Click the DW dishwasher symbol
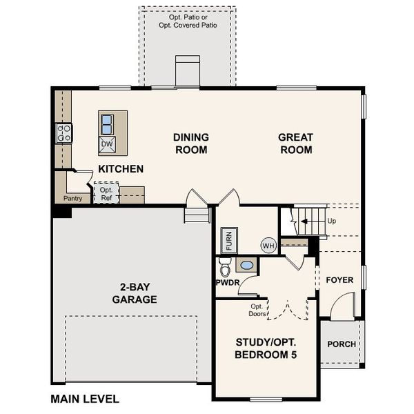click(108, 144)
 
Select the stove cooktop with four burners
click(64, 132)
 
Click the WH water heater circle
click(268, 245)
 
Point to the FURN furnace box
click(229, 241)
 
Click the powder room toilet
click(224, 267)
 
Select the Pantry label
click(72, 199)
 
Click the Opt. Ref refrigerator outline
click(106, 193)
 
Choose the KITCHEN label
click(121, 169)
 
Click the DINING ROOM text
click(191, 144)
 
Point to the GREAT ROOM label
click(295, 144)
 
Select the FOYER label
click(339, 280)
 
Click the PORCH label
click(342, 344)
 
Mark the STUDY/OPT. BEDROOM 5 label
click(267, 348)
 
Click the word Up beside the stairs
click(332, 221)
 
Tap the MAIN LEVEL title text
click(85, 399)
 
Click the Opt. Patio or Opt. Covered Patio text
click(187, 20)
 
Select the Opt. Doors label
click(257, 310)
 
